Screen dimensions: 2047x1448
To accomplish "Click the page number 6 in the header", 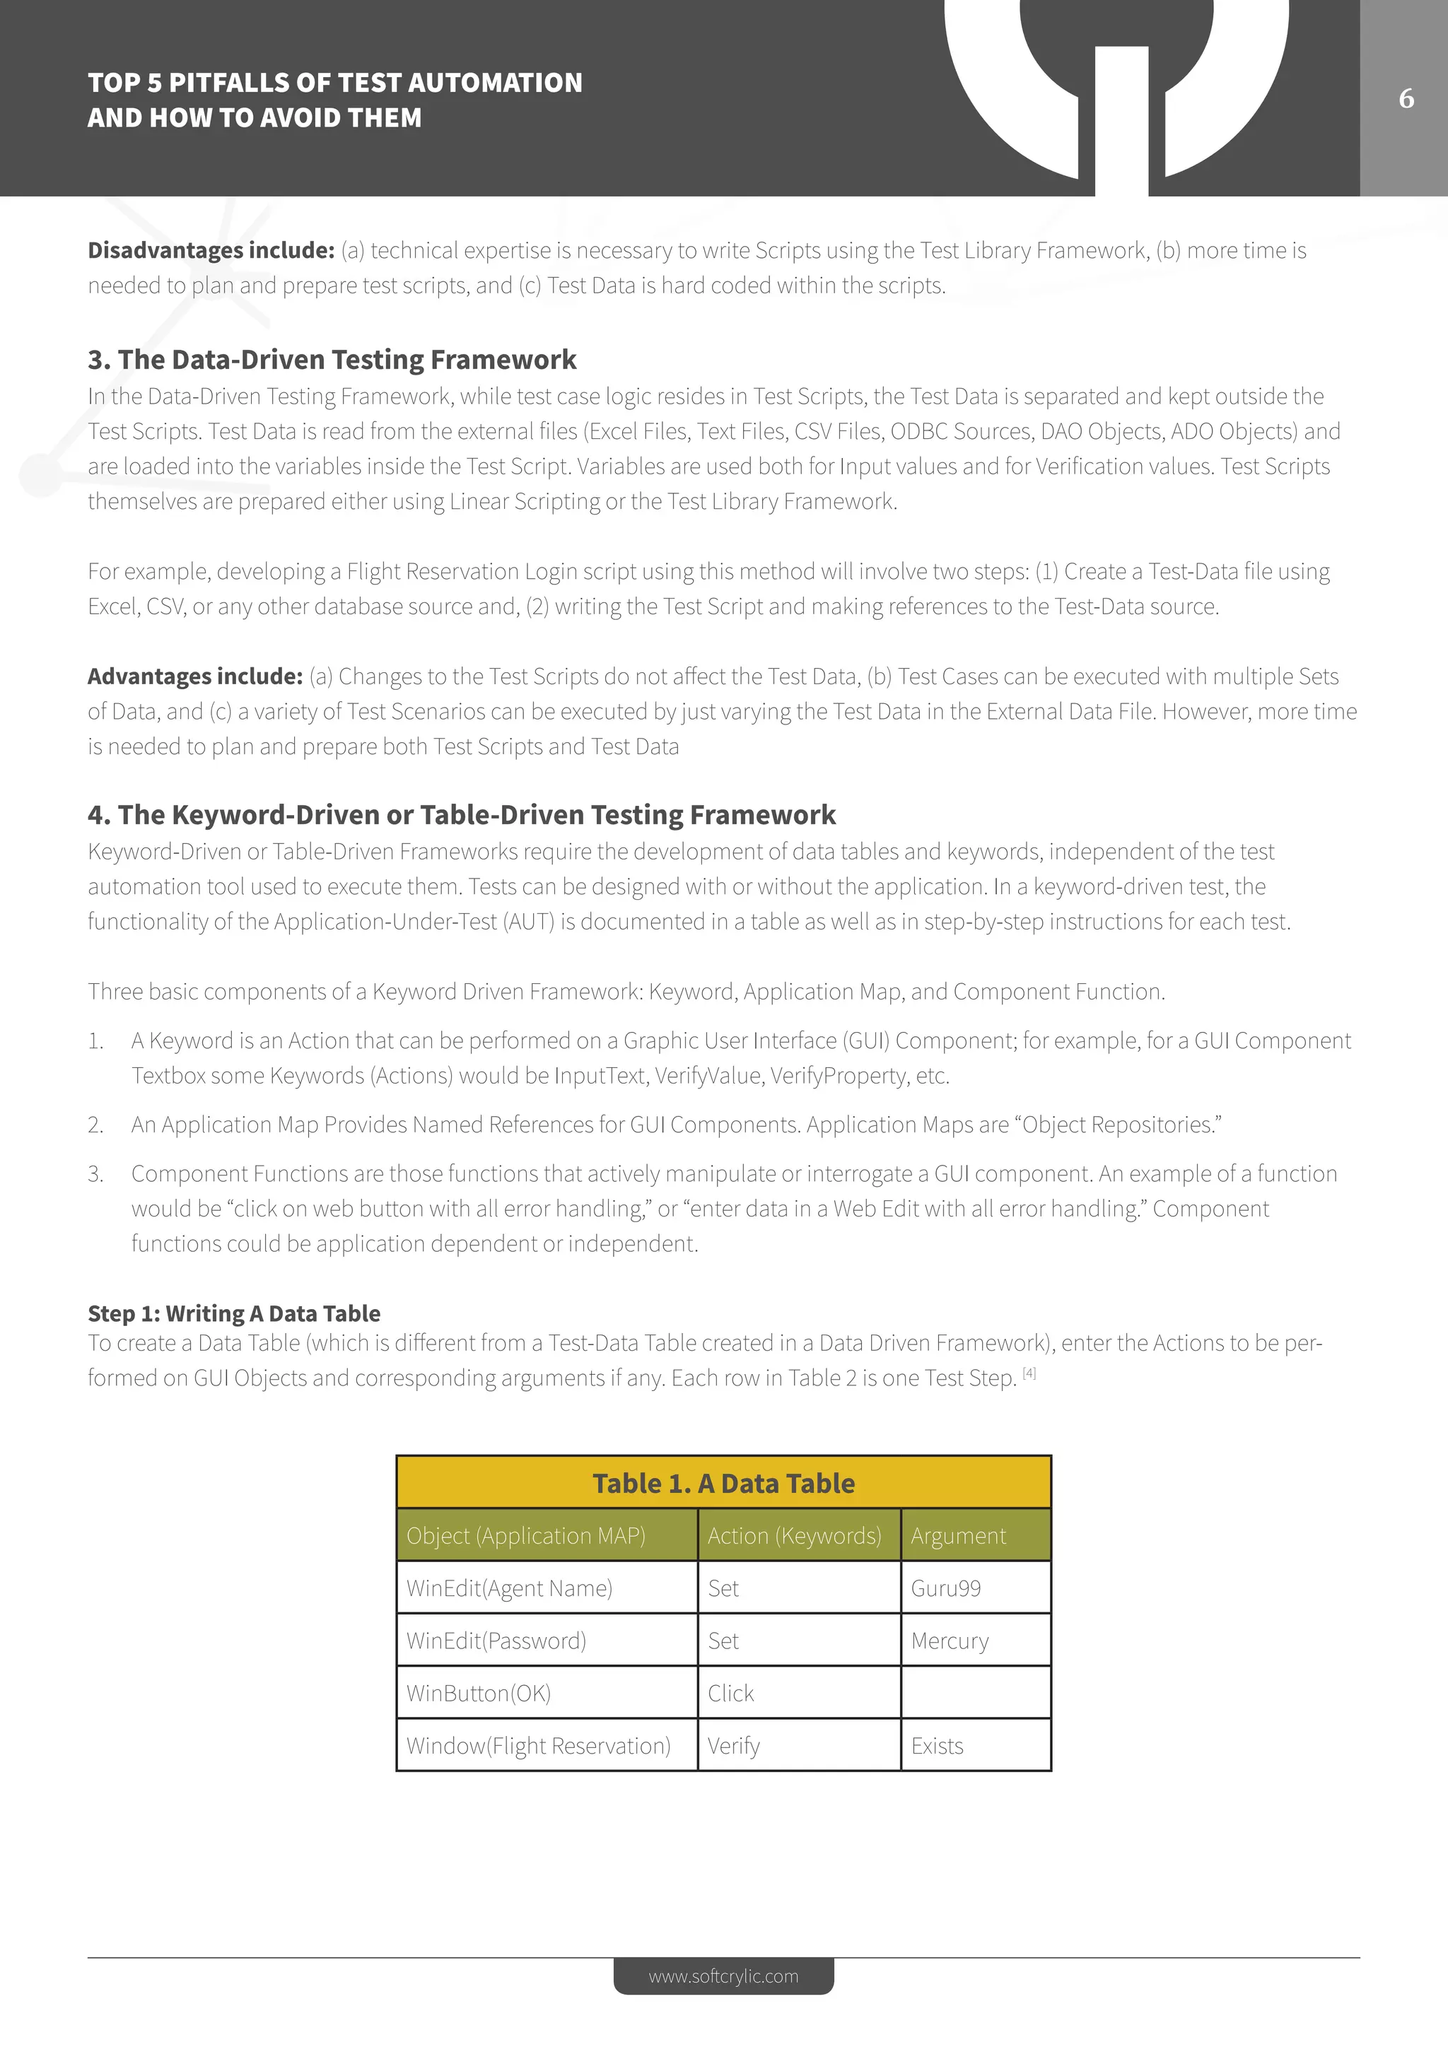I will pyautogui.click(x=1406, y=98).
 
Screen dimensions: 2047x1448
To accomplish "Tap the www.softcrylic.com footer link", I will pyautogui.click(x=723, y=1976).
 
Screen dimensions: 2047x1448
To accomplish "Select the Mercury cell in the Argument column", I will pyautogui.click(x=950, y=1641).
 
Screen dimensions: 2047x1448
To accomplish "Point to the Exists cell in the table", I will pyautogui.click(x=937, y=1746).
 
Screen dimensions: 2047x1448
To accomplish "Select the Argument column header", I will pyautogui.click(x=957, y=1535).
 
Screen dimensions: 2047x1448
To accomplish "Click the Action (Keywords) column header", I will pyautogui.click(x=793, y=1535).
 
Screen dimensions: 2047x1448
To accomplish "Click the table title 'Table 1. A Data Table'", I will pyautogui.click(x=723, y=1484).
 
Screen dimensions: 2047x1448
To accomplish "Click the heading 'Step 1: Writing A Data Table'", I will pyautogui.click(x=233, y=1313).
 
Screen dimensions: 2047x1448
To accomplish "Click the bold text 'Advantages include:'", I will pyautogui.click(x=195, y=676).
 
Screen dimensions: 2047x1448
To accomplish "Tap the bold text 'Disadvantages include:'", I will pyautogui.click(x=211, y=250).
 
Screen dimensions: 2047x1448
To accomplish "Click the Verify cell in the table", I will pyautogui.click(x=734, y=1746).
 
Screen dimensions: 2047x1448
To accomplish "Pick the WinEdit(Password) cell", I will pyautogui.click(x=496, y=1641).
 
